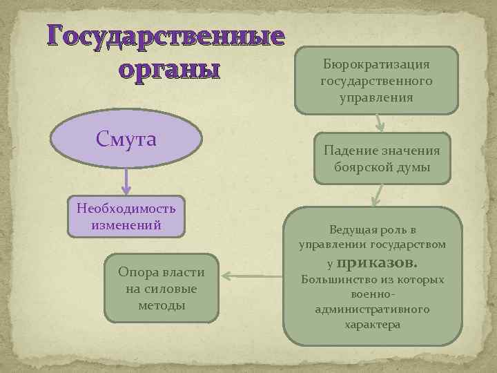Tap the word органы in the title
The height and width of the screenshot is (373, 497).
(169, 69)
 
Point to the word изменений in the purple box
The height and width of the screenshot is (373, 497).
(126, 224)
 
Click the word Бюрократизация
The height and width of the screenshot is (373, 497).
(376, 64)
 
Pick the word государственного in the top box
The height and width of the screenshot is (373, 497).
(376, 82)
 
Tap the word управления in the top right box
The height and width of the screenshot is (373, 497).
(376, 97)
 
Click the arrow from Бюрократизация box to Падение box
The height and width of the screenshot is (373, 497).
(378, 123)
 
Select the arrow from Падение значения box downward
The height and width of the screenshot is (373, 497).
(376, 195)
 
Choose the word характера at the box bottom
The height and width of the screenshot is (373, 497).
(372, 324)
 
